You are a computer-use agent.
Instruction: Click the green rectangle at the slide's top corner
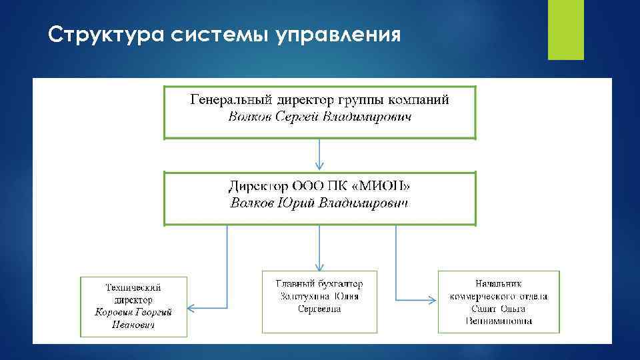coord(565,30)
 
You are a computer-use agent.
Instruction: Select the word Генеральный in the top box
coord(231,100)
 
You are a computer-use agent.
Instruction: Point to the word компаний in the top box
coord(417,100)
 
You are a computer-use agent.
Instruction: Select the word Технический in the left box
coord(134,287)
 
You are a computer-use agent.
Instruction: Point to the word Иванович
coord(134,325)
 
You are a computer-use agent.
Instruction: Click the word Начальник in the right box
coord(499,283)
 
